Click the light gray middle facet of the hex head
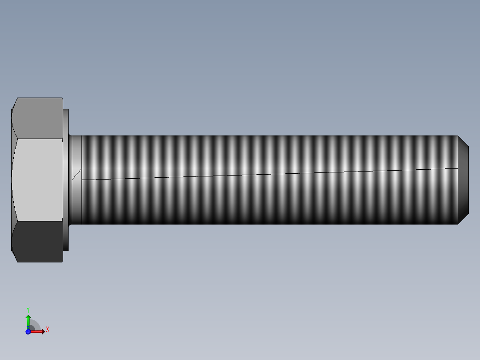pyautogui.click(x=37, y=180)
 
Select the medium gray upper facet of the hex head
pyautogui.click(x=37, y=118)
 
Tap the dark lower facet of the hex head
pyautogui.click(x=37, y=241)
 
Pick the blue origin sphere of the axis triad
pyautogui.click(x=28, y=331)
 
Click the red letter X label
pyautogui.click(x=47, y=330)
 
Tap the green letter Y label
pyautogui.click(x=28, y=310)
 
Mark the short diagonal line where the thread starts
pyautogui.click(x=77, y=174)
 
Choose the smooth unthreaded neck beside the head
pyautogui.click(x=76, y=196)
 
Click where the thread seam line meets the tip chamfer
pyautogui.click(x=458, y=168)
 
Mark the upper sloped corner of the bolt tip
pyautogui.click(x=463, y=142)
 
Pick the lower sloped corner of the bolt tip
pyautogui.click(x=463, y=218)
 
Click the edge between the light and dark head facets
pyautogui.click(x=37, y=221)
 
